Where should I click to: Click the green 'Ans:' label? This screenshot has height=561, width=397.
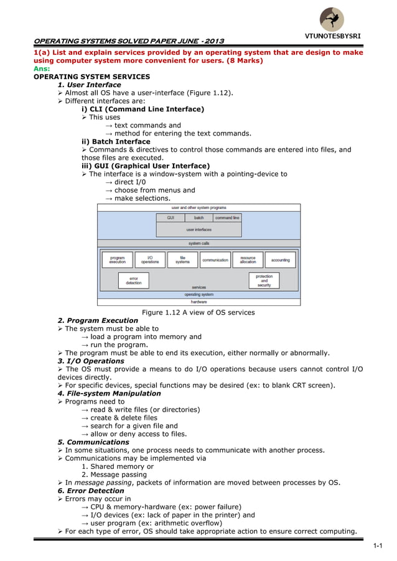pos(41,69)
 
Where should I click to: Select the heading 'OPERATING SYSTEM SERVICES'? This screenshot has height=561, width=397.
pos(91,77)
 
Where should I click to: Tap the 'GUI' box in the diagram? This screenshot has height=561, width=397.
pos(170,218)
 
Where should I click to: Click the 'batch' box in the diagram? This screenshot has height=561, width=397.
pos(198,218)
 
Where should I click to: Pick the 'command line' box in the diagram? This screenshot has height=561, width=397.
pos(227,218)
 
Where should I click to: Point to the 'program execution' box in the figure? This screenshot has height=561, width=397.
pos(117,260)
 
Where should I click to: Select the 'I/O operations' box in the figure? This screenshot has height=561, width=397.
pos(150,260)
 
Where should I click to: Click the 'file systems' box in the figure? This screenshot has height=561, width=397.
pos(182,260)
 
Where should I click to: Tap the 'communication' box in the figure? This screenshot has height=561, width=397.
pos(215,260)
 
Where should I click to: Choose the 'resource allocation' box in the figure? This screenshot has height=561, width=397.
pos(248,260)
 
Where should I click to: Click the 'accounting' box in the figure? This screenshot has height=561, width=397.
pos(281,260)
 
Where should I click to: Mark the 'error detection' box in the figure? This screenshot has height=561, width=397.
pos(134,280)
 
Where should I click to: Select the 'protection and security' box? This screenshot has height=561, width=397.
pos(264,280)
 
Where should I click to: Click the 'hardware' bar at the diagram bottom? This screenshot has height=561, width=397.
pos(198,302)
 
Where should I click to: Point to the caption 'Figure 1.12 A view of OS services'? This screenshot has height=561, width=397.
pos(198,312)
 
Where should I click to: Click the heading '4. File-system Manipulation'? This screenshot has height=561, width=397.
pos(109,393)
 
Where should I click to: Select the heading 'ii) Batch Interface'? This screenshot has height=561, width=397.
pos(111,142)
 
